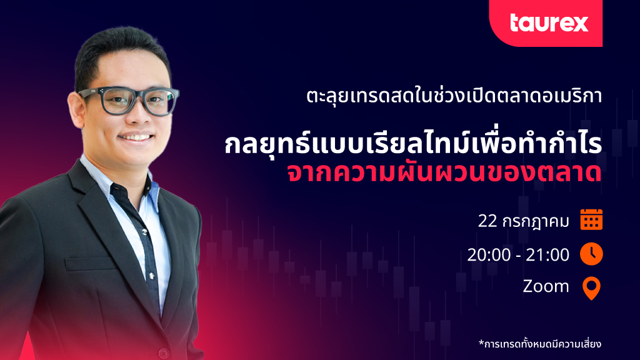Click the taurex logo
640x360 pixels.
(x=549, y=23)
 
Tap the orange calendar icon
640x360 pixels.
(x=591, y=219)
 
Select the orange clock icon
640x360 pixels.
(x=591, y=254)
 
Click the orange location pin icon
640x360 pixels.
(x=591, y=288)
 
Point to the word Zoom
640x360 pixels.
(x=546, y=286)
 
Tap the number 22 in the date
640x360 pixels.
(x=487, y=221)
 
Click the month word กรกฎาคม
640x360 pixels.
(x=536, y=222)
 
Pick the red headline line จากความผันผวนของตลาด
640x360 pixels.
(x=444, y=173)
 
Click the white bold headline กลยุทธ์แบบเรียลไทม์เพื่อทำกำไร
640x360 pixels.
(x=413, y=143)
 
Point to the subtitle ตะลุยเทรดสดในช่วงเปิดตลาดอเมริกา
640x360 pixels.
(x=454, y=96)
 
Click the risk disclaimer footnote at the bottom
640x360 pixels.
(x=540, y=344)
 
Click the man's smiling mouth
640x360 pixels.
(x=136, y=138)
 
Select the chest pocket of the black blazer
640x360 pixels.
(x=91, y=264)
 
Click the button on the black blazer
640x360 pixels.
(x=164, y=352)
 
